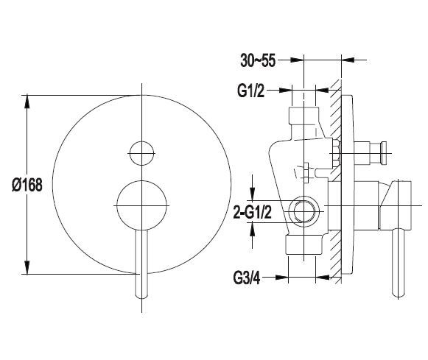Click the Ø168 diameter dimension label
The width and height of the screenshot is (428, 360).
pos(27,186)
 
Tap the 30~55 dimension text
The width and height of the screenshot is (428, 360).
pos(258,60)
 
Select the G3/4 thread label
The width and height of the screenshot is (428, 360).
pos(247,278)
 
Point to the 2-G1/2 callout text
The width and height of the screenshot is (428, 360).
pos(253,212)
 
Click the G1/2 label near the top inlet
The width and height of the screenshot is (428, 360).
pos(251,91)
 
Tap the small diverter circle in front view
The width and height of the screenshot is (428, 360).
pos(141,153)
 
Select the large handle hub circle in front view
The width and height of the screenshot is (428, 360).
pos(141,205)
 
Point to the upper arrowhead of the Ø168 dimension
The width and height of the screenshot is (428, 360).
pos(27,102)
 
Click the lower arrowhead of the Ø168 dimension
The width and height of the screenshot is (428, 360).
pos(27,267)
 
